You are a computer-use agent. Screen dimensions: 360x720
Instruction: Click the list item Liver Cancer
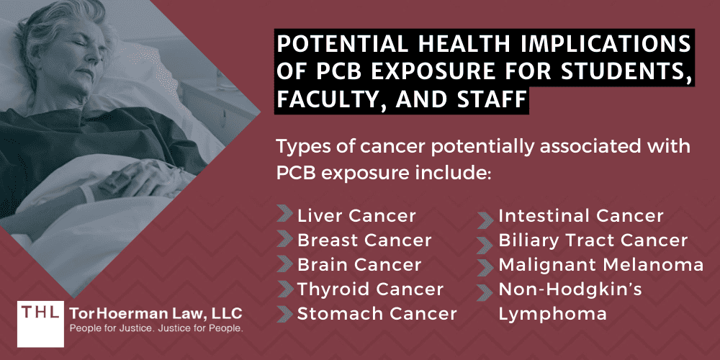click(x=356, y=215)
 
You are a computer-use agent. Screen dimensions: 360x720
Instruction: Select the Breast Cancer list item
click(x=364, y=240)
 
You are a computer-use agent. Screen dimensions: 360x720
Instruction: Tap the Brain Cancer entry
click(x=359, y=264)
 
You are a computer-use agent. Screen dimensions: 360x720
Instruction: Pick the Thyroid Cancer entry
click(x=370, y=289)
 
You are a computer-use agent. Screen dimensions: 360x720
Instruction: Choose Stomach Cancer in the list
click(x=377, y=313)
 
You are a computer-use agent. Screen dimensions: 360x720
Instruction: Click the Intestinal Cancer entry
click(x=581, y=215)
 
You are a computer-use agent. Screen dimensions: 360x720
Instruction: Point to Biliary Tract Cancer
click(x=593, y=240)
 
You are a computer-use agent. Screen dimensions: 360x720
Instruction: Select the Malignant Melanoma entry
click(x=601, y=264)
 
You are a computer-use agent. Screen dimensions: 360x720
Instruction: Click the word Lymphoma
click(x=552, y=313)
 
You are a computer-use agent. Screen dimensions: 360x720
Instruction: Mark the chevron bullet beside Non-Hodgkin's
click(x=487, y=289)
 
